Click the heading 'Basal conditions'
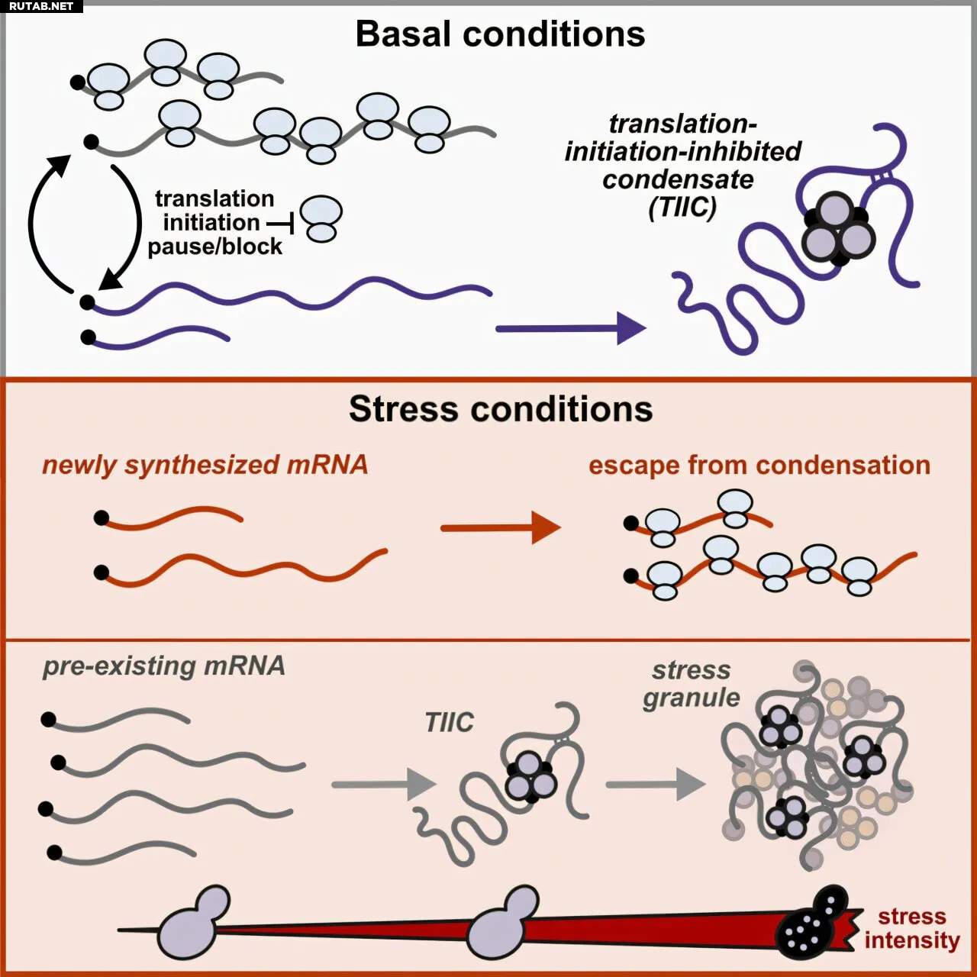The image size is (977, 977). pyautogui.click(x=500, y=34)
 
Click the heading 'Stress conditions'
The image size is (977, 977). pyautogui.click(x=501, y=409)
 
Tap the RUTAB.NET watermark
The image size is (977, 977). pyautogui.click(x=41, y=6)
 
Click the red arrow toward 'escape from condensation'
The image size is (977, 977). pyautogui.click(x=501, y=527)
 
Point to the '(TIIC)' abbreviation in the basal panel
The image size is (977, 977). pyautogui.click(x=682, y=207)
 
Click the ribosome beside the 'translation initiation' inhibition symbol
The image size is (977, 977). pyautogui.click(x=321, y=219)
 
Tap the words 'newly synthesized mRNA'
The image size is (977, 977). pyautogui.click(x=205, y=465)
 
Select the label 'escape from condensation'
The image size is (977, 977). pyautogui.click(x=759, y=465)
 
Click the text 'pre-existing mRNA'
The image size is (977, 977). pyautogui.click(x=163, y=666)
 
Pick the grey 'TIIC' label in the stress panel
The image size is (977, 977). pyautogui.click(x=449, y=721)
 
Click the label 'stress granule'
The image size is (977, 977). pyautogui.click(x=691, y=684)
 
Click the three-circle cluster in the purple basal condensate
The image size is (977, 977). pyautogui.click(x=838, y=227)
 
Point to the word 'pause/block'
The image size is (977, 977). pyautogui.click(x=214, y=247)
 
